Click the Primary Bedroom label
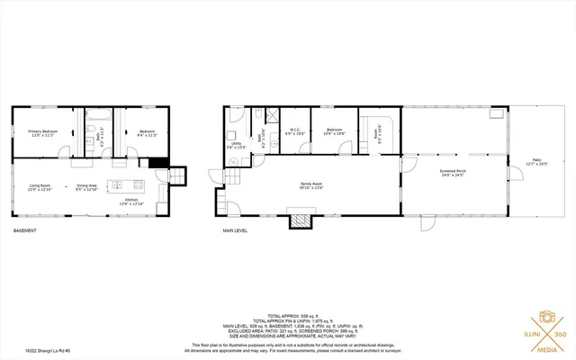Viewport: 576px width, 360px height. pos(42,133)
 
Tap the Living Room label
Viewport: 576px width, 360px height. pos(40,187)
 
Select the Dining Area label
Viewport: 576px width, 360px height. pos(85,189)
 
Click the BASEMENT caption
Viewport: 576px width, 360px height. pos(25,231)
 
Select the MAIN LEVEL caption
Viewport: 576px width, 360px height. pos(235,231)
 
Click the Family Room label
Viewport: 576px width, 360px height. pos(310,186)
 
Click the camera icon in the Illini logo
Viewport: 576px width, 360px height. pos(545,319)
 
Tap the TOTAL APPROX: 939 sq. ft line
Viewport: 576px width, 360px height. pos(287,316)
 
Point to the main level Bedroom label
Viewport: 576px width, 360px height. pos(335,131)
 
